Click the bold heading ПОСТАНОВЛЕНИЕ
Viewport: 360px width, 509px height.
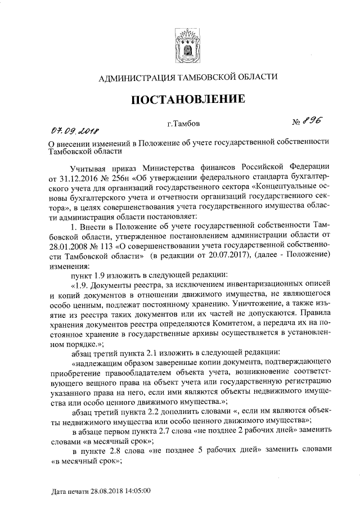pyautogui.click(x=188, y=100)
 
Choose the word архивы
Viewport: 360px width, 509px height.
pyautogui.click(x=191, y=333)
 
